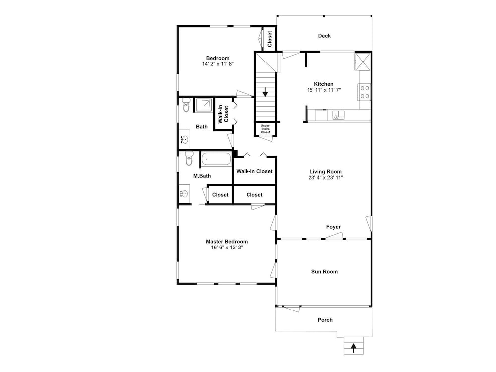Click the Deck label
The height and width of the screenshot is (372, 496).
coord(324,36)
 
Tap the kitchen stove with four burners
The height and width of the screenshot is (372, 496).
coord(364,92)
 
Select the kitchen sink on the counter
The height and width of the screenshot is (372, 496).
coord(338,115)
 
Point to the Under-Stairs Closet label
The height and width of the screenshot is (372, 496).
coord(266,129)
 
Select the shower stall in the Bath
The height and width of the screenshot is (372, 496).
coord(204,105)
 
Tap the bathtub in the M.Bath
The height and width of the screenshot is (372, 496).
coord(216,159)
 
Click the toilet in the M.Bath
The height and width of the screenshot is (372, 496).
coord(189,158)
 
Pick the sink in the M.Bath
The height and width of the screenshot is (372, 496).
coord(184,193)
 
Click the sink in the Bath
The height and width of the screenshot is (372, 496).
coord(184,139)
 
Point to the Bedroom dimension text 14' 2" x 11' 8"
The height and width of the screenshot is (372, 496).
coord(218,64)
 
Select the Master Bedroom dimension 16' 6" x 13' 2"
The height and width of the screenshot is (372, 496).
coord(227,248)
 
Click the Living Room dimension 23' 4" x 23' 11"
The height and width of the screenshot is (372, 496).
coord(325,178)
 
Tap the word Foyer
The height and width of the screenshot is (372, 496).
coord(333,227)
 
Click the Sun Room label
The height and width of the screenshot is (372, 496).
coord(324,272)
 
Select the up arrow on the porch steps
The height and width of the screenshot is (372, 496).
coord(354,348)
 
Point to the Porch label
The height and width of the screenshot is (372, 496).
coord(325,320)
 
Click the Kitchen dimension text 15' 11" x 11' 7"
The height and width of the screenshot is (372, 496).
coord(323,90)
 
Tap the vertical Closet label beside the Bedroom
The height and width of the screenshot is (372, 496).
coord(270,39)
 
